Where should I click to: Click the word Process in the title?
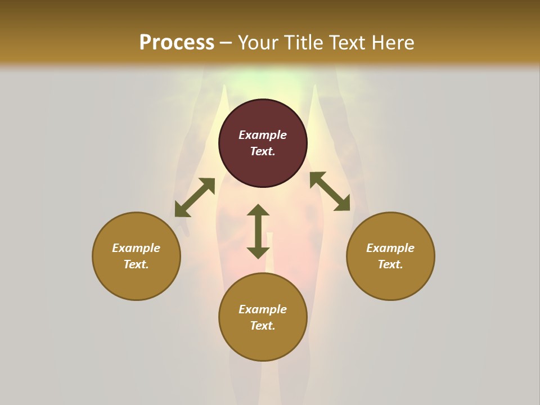(177, 43)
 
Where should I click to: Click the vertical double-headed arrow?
(258, 231)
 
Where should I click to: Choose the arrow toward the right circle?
(330, 191)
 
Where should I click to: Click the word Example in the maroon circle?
(263, 135)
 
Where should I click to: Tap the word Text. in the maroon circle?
(263, 151)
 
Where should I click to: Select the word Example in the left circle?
(136, 248)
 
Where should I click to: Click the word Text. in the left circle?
(136, 264)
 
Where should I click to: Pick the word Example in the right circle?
(390, 248)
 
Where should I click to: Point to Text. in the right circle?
(390, 264)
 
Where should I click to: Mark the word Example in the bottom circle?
(263, 309)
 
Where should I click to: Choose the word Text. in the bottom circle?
(263, 326)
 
